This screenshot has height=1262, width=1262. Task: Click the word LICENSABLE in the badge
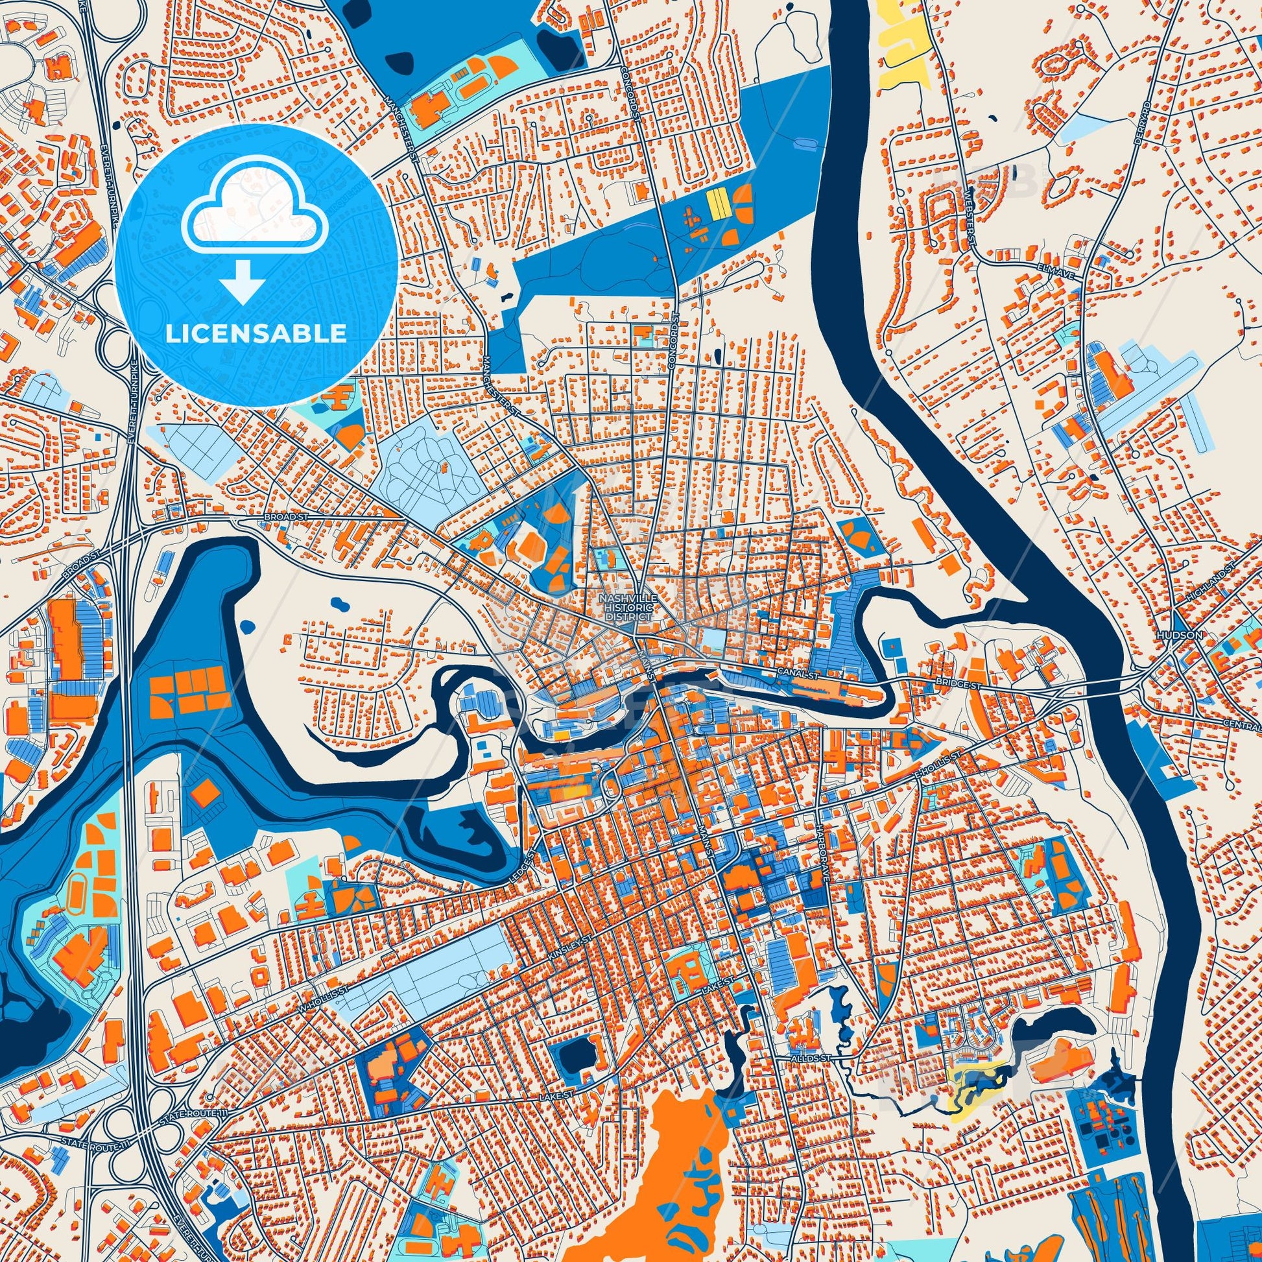click(256, 334)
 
